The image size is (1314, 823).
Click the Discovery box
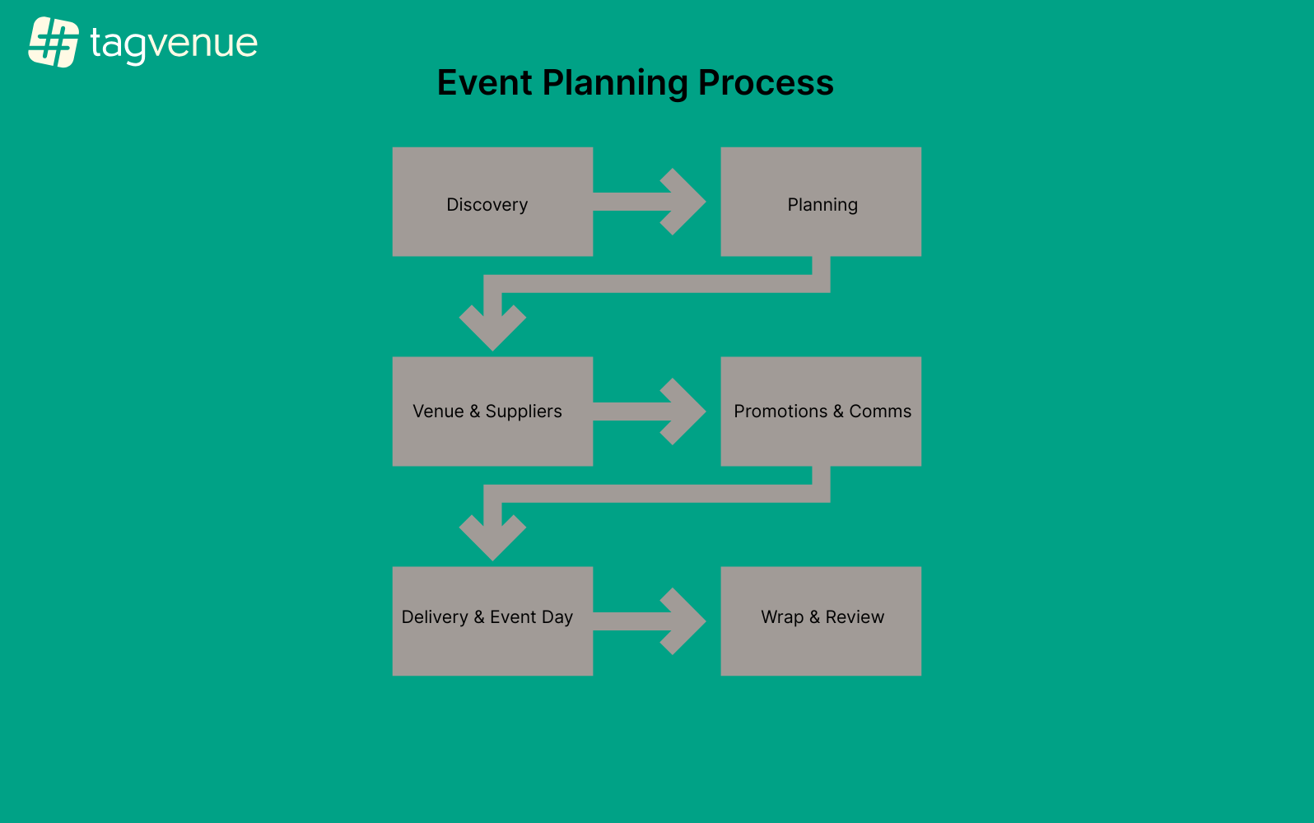(492, 202)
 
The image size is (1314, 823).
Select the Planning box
(821, 202)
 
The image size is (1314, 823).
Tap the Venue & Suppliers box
(492, 411)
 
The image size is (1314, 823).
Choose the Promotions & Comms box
(821, 411)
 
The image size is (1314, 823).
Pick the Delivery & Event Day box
(492, 621)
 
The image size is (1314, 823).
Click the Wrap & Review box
(821, 621)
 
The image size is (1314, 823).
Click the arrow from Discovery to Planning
(650, 202)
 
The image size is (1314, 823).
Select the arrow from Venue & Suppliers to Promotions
(650, 411)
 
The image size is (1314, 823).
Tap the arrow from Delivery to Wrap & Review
(650, 621)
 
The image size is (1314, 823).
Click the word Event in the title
(485, 83)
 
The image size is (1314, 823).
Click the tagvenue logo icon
(54, 42)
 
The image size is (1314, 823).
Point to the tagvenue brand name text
(174, 44)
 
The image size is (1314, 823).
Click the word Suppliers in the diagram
(524, 411)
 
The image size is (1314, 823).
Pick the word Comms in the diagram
(880, 411)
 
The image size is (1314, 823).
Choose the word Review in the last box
(855, 617)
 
